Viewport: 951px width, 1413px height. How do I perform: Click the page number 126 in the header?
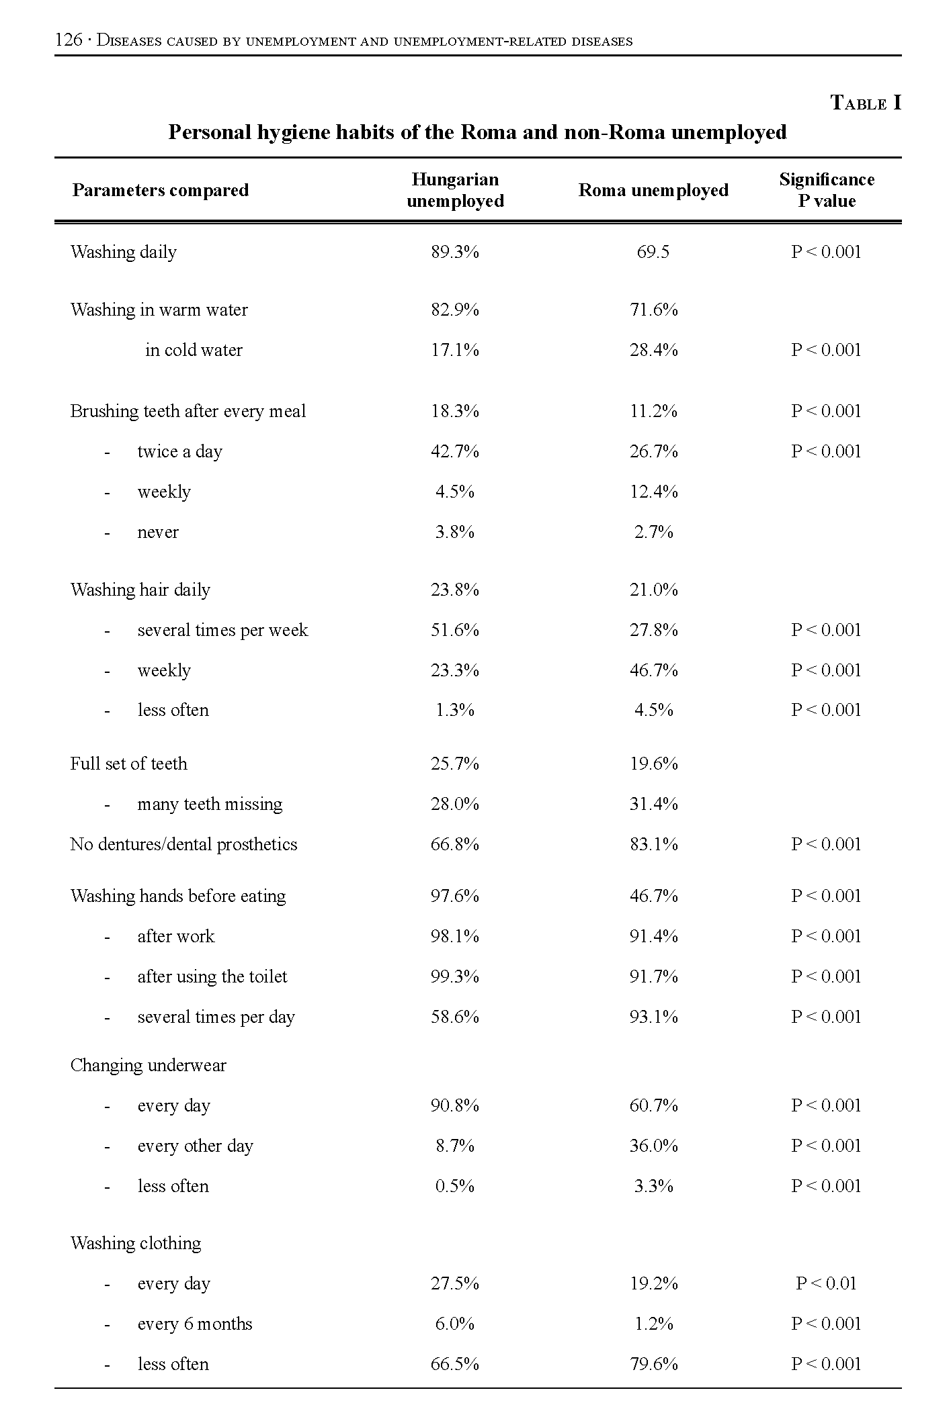(68, 41)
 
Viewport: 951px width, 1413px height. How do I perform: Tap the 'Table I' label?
(865, 103)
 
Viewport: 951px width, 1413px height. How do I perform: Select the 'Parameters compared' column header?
(160, 191)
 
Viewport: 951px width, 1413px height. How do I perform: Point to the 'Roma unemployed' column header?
(653, 191)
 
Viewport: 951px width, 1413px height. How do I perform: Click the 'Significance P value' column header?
(826, 191)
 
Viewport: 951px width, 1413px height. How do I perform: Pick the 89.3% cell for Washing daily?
(455, 253)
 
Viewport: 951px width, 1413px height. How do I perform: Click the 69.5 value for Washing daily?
(653, 253)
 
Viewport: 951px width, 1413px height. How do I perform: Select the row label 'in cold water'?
(194, 351)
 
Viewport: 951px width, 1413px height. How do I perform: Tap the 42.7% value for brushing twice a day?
(455, 452)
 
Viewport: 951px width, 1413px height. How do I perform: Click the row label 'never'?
(158, 533)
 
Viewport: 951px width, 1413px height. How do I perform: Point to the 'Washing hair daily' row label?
(140, 590)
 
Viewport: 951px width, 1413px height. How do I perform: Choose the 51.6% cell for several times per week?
(455, 631)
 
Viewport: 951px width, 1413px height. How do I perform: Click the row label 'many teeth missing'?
(210, 805)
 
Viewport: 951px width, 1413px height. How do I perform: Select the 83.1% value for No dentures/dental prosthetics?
(653, 845)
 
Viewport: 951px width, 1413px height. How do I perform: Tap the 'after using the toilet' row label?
(212, 977)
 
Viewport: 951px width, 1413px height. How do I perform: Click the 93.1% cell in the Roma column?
(653, 1017)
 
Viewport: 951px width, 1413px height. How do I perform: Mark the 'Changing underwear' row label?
(148, 1066)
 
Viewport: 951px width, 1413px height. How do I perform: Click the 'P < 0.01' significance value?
(826, 1284)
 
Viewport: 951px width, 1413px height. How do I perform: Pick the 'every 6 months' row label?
(195, 1324)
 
